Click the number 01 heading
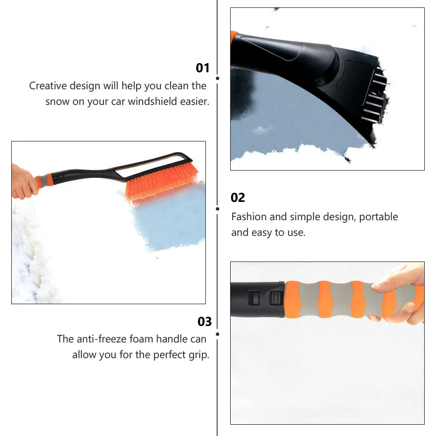tap(203, 68)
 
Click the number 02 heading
tap(238, 198)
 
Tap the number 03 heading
tap(205, 322)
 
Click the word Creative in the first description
tap(47, 86)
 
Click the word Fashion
tap(249, 217)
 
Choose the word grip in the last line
tap(200, 355)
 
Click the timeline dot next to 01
tap(217, 78)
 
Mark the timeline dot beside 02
tap(217, 208)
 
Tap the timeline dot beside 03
tap(217, 334)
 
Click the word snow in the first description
tap(57, 102)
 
